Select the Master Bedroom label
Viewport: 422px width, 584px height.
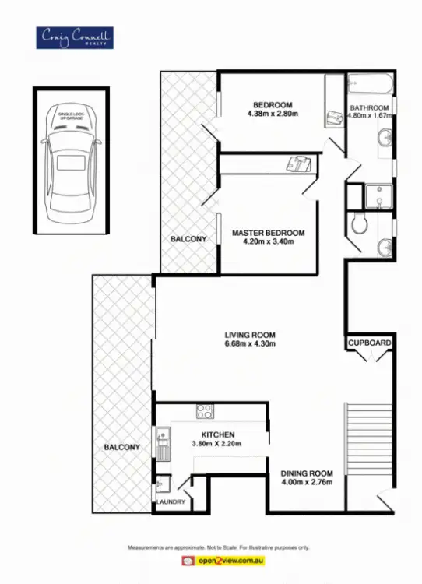[268, 232]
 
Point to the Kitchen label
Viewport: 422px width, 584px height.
[218, 434]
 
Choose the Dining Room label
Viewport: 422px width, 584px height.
[307, 473]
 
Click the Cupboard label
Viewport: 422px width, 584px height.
[369, 343]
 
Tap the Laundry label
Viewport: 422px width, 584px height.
[171, 502]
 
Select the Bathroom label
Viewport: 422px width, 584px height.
[369, 108]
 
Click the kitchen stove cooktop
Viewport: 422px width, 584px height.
[206, 413]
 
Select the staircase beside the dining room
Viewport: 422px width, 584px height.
[369, 440]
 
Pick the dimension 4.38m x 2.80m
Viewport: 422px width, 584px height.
[272, 114]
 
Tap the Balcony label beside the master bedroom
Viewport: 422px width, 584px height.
[188, 239]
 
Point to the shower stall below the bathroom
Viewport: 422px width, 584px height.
[378, 196]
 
